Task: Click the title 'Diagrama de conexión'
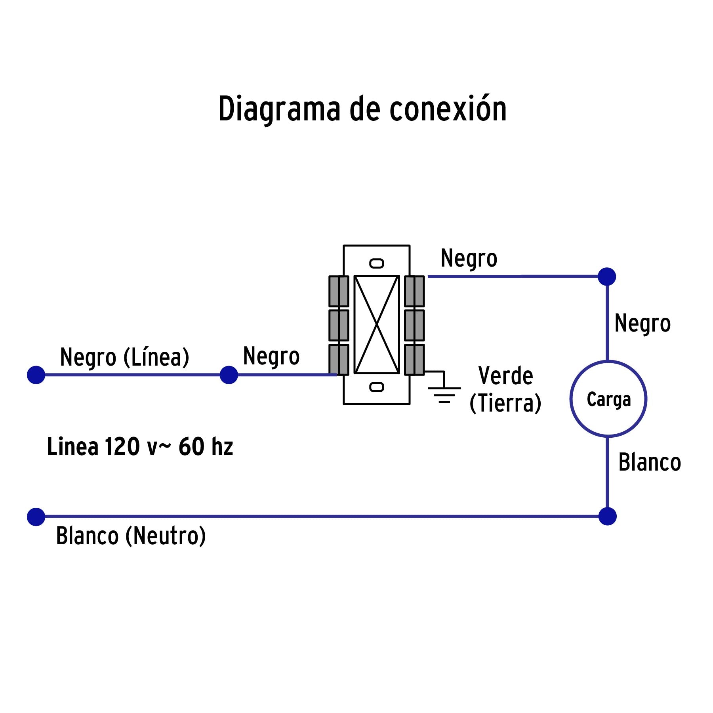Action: click(362, 109)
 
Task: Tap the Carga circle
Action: click(608, 399)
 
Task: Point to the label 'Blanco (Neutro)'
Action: click(131, 536)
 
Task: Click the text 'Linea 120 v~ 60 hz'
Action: click(140, 446)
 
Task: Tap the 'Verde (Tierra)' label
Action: click(505, 389)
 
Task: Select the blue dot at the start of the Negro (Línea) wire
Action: click(36, 375)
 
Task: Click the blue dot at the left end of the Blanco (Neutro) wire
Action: click(36, 517)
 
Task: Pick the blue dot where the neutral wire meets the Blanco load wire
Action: click(607, 517)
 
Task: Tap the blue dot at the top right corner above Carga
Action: click(607, 276)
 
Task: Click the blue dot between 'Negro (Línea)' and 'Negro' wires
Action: click(229, 375)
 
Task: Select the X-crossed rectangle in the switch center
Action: click(376, 324)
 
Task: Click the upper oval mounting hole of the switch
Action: click(376, 263)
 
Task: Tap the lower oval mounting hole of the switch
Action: click(376, 387)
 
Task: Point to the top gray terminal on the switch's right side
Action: click(414, 291)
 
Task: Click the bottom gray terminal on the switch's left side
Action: click(339, 359)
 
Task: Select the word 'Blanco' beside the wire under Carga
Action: click(649, 462)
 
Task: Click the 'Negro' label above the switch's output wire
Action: click(469, 259)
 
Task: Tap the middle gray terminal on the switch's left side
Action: click(339, 325)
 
